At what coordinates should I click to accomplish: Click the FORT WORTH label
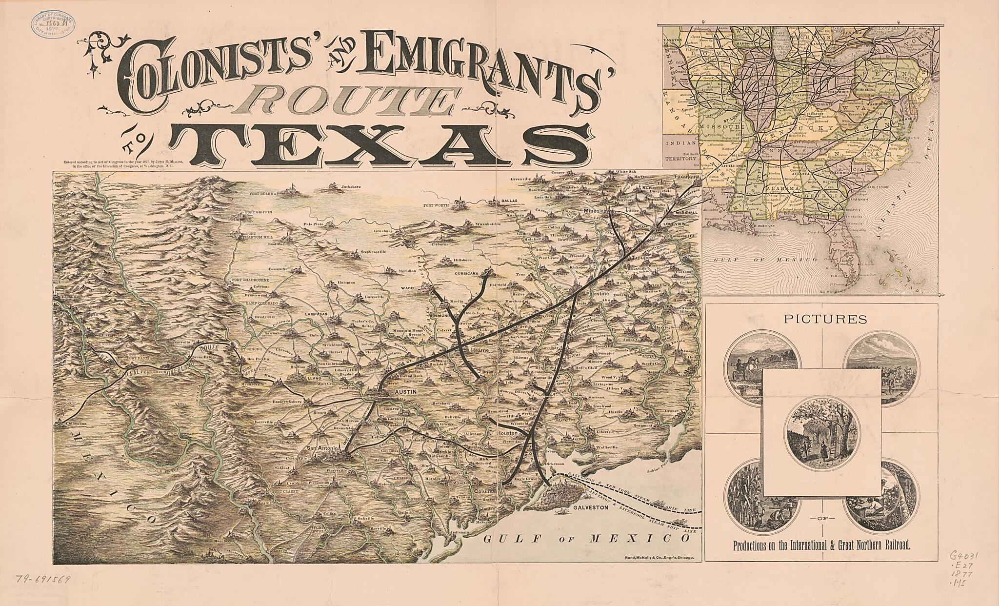point(437,205)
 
